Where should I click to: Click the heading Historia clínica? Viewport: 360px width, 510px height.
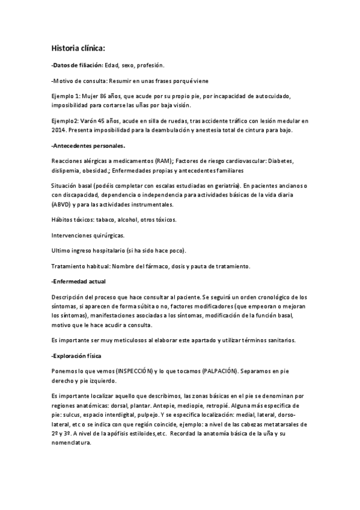click(x=78, y=48)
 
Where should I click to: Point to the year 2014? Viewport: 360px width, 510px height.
click(x=61, y=131)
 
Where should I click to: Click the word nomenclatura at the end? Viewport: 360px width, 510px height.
click(x=72, y=443)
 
